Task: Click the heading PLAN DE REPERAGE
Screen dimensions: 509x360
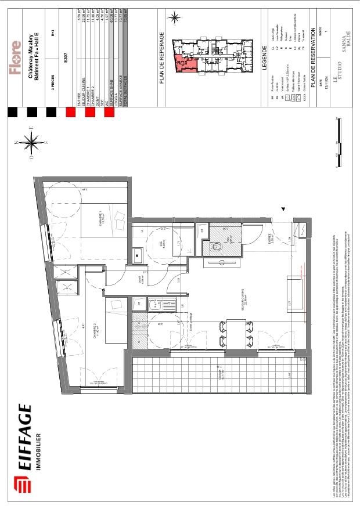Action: pos(164,59)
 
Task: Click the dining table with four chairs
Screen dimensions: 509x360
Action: pos(229,333)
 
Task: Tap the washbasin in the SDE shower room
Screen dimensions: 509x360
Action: pos(138,254)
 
